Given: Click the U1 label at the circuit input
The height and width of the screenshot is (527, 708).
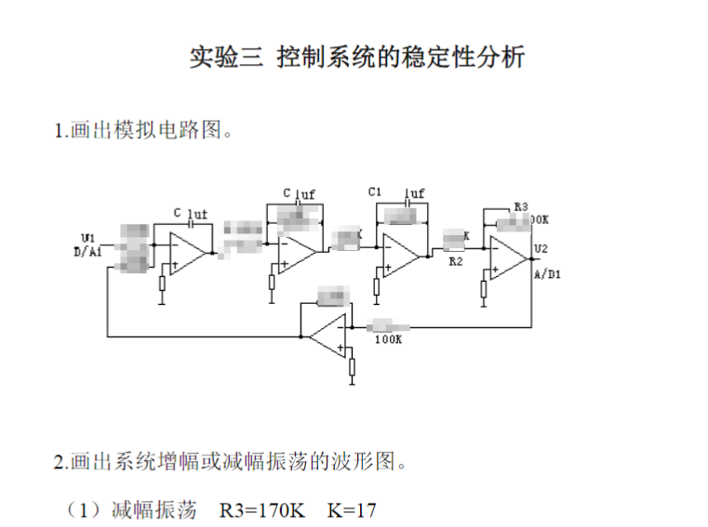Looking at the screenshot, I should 87,236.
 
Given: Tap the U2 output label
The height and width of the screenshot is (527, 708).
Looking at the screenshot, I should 541,248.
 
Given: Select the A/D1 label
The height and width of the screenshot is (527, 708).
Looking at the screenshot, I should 547,276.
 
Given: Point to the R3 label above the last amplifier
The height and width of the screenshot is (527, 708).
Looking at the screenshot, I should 521,206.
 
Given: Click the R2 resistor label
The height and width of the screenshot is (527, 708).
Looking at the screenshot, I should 456,263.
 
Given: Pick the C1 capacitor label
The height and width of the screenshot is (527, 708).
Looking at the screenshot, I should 375,191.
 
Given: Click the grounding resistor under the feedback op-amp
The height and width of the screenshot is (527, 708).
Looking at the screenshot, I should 352,368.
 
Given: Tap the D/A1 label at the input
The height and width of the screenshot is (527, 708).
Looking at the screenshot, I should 89,250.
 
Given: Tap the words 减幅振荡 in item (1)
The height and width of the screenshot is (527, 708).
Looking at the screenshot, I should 154,509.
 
